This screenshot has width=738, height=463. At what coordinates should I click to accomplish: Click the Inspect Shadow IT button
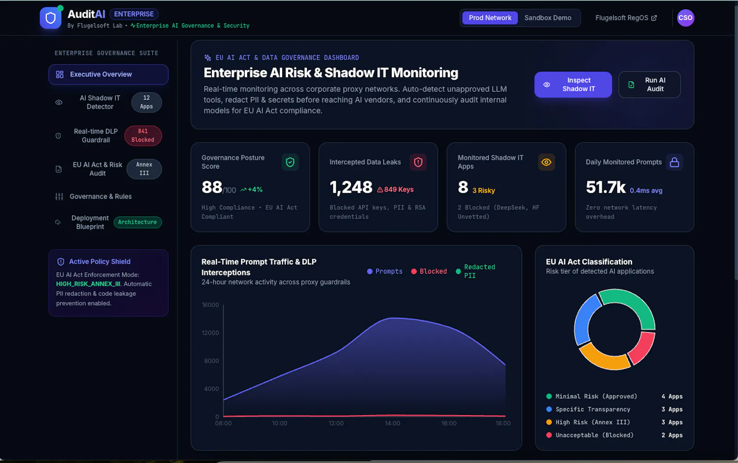tap(573, 85)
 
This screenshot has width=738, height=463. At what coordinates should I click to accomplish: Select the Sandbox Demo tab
tap(548, 18)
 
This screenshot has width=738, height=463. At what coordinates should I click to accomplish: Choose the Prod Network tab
tap(490, 18)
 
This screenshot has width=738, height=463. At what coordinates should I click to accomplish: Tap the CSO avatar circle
tap(685, 18)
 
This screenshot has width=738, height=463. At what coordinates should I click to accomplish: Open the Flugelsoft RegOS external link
tap(626, 18)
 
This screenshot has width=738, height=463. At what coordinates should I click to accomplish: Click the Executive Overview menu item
tap(108, 74)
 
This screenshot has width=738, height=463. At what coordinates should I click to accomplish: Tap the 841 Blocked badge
tap(143, 135)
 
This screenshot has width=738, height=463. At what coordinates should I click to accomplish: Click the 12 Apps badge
tap(146, 102)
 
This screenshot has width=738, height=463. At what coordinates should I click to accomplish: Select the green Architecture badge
tap(137, 222)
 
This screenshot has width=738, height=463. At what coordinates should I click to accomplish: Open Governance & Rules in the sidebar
tap(101, 196)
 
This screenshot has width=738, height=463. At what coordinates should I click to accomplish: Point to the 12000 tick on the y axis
tap(210, 333)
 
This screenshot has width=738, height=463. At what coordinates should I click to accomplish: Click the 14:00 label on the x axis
tap(393, 423)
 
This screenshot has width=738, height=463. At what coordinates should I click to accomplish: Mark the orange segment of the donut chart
tap(602, 359)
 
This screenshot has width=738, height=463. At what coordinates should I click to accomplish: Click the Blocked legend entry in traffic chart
tap(429, 271)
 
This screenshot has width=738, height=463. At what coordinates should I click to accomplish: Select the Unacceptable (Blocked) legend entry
tap(590, 435)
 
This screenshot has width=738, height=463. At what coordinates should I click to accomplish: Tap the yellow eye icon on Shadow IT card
tap(546, 162)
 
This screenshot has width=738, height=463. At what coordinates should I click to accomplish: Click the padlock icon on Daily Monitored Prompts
tap(674, 162)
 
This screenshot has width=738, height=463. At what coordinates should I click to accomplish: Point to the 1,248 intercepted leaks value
tap(351, 187)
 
